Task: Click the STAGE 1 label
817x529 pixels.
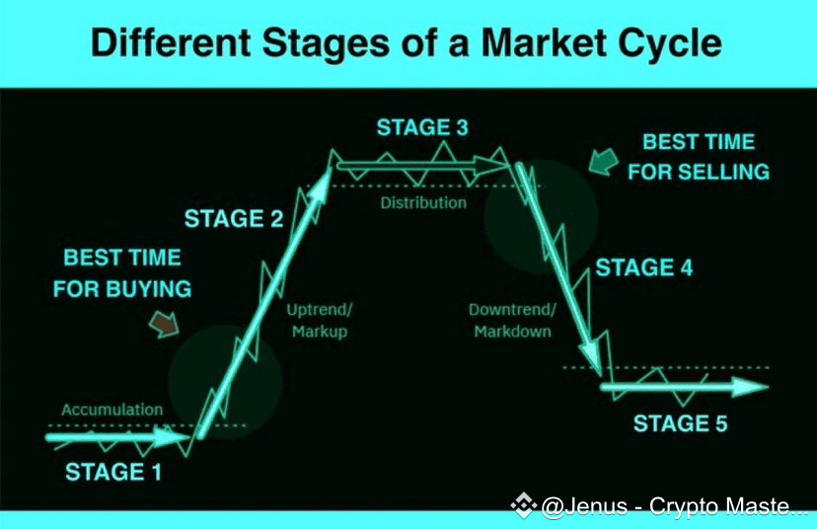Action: (x=113, y=472)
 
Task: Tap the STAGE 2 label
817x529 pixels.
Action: (x=234, y=218)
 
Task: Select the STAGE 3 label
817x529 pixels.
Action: (x=422, y=127)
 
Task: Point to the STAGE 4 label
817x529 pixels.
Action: (x=644, y=267)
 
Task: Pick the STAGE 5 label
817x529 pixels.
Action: (x=680, y=423)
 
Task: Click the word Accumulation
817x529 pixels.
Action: (x=112, y=410)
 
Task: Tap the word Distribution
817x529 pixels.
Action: (x=423, y=202)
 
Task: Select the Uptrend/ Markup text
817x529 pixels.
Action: (x=320, y=321)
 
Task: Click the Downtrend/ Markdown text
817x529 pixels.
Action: (x=512, y=321)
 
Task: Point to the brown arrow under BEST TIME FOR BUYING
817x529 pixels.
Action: (x=165, y=324)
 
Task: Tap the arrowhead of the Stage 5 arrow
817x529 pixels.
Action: (x=750, y=387)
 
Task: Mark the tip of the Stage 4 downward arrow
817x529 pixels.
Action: (x=599, y=372)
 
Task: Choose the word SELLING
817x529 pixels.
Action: (x=724, y=172)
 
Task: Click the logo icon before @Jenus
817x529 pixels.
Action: (x=524, y=505)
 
